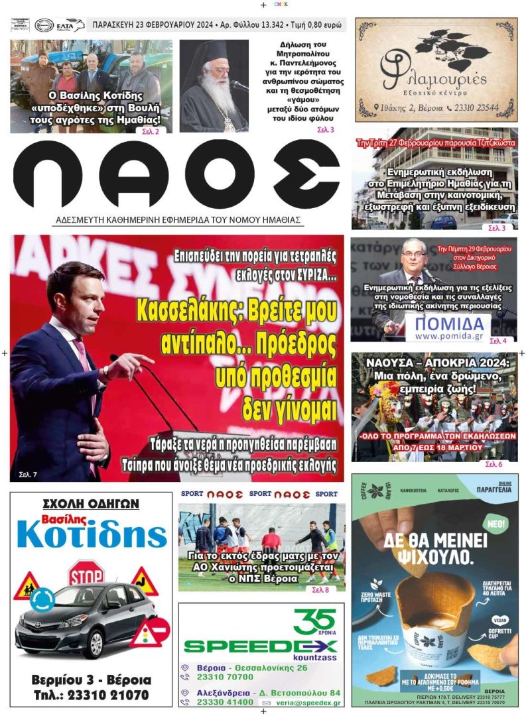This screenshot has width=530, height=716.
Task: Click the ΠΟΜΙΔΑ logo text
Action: click(x=448, y=324)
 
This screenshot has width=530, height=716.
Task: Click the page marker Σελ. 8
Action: click(x=319, y=589)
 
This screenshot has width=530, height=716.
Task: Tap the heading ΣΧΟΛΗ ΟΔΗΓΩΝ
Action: click(x=90, y=504)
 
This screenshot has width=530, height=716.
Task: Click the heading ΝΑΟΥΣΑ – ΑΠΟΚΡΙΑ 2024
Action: click(x=434, y=363)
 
